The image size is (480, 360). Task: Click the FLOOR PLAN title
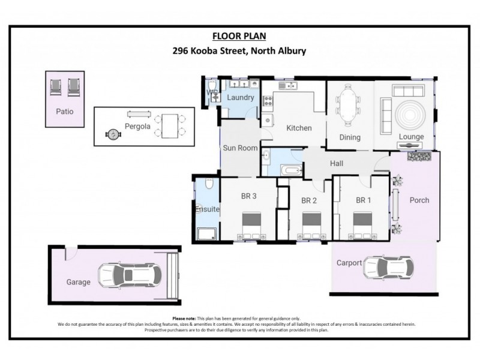tap(239, 36)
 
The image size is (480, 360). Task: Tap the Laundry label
tap(241, 98)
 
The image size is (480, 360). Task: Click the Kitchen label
tap(298, 128)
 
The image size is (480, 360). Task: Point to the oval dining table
tap(349, 106)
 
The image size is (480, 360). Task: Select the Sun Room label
tap(240, 148)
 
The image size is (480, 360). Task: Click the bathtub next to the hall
tap(292, 171)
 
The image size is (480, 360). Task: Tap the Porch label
tap(419, 200)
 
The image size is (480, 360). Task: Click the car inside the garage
tap(130, 275)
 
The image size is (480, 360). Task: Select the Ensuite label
tap(206, 209)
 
